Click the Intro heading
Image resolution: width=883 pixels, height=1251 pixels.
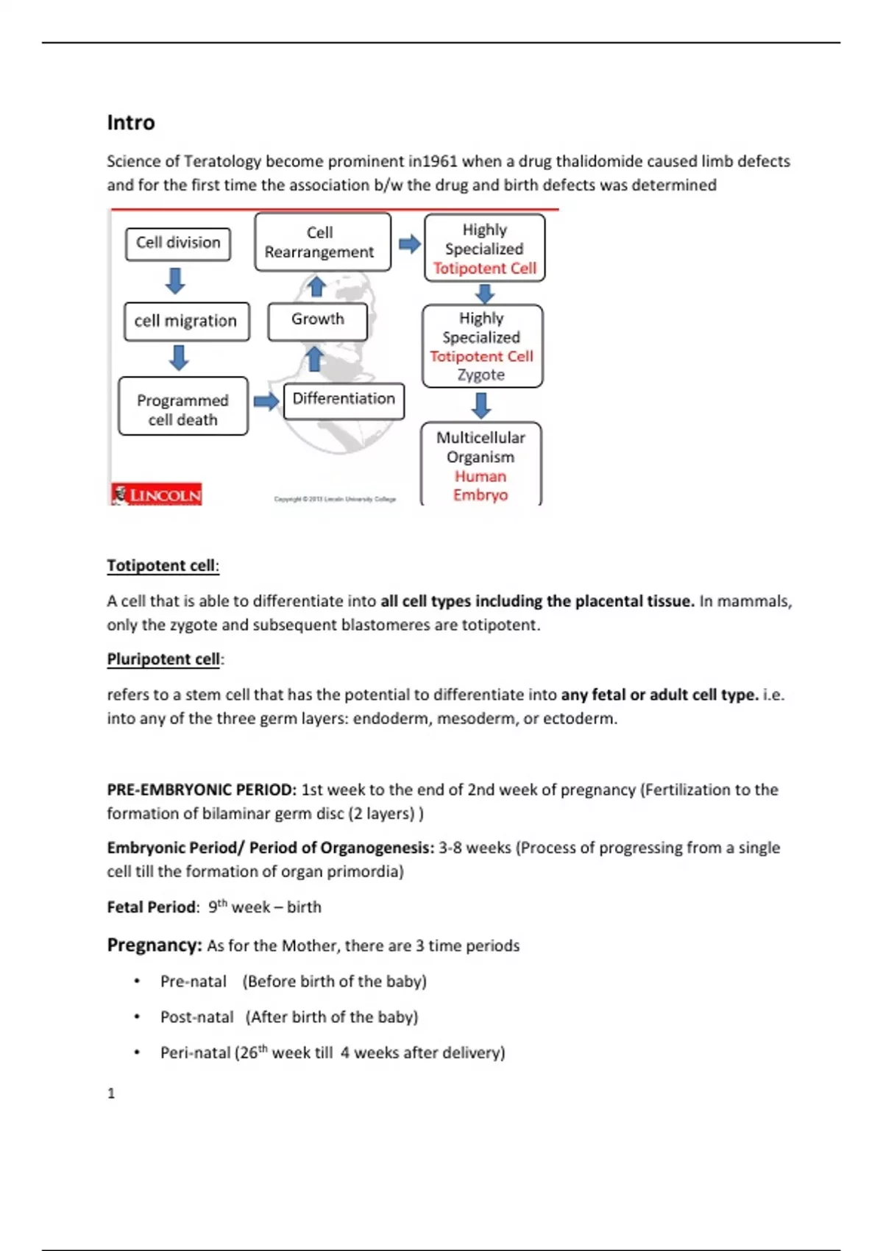coord(131,122)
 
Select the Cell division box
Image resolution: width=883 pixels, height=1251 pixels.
coord(178,244)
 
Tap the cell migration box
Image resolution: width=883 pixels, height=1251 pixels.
coord(186,322)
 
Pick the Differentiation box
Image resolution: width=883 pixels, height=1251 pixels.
coord(344,400)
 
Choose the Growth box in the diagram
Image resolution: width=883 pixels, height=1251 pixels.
coord(317,320)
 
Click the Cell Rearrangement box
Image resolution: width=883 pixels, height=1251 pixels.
coord(321,242)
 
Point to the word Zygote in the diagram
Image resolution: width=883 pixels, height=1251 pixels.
coord(481,375)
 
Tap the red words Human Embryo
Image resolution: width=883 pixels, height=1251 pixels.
coord(480,486)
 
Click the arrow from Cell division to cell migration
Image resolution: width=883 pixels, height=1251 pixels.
coord(175,281)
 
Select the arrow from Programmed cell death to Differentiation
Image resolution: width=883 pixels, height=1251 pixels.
coord(266,401)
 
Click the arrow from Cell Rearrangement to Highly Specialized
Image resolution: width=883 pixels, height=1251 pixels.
coord(409,244)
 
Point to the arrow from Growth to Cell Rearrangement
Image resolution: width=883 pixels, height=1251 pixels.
coord(316,287)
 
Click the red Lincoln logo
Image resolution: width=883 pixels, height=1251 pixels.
coord(157,495)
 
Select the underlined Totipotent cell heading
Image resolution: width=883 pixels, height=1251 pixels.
coord(162,565)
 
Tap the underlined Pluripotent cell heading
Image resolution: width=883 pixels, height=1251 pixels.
coord(164,659)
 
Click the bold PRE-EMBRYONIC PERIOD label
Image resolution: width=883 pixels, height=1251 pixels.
coord(202,790)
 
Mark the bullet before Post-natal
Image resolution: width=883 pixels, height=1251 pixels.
coord(137,1017)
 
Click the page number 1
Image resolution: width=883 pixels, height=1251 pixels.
coord(111,1094)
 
